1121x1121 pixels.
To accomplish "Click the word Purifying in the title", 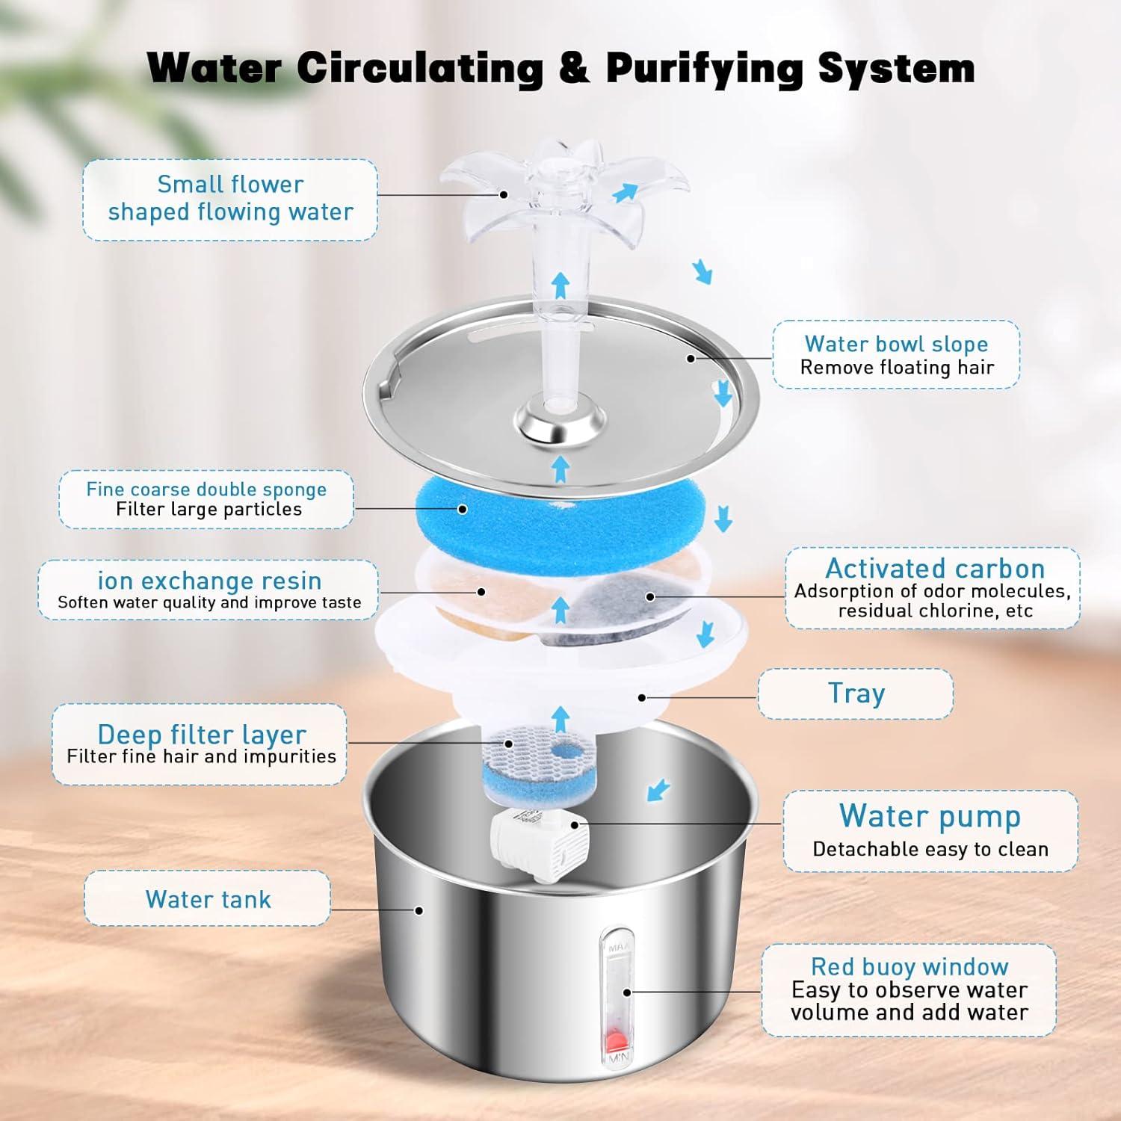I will [705, 68].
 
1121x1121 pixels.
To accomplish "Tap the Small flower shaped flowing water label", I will [230, 199].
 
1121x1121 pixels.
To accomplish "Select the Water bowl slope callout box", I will [896, 355].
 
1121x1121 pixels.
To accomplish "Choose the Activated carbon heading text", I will [934, 569].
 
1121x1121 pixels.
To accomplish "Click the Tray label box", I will [856, 694].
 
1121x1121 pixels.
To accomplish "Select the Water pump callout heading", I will [930, 816].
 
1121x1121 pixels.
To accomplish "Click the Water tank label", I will [208, 899].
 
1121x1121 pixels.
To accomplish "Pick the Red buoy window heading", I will [910, 967].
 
